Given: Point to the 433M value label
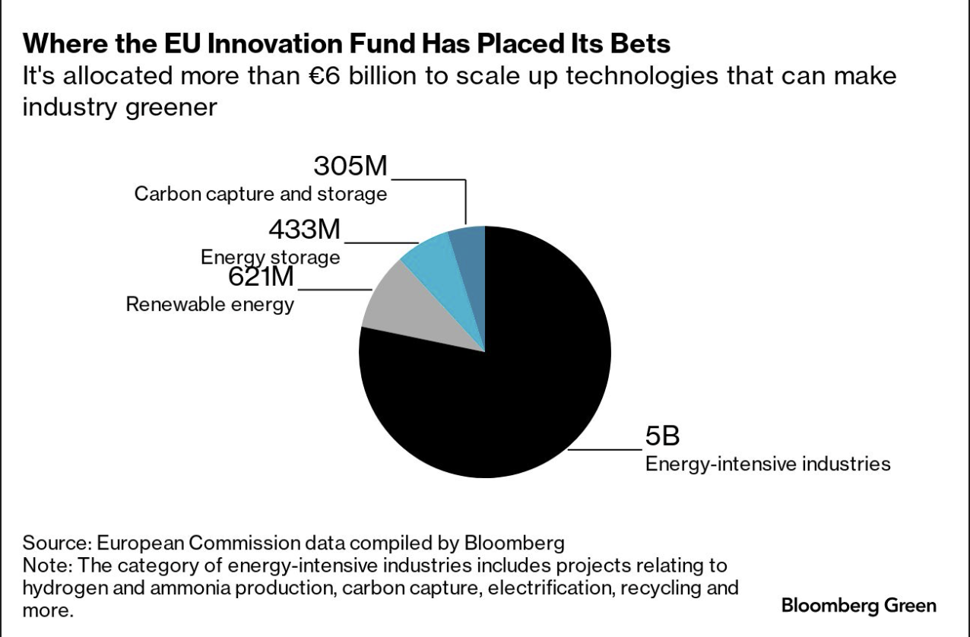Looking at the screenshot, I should coord(305,229).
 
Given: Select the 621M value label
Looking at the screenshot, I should coord(261,276).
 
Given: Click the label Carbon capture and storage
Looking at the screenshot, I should coord(261,194).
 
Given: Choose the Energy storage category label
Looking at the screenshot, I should coord(270,258).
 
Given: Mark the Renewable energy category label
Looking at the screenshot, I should coord(210,305).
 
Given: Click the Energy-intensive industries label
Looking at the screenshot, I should coord(768,464).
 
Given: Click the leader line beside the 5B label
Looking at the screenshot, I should coord(604,450).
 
